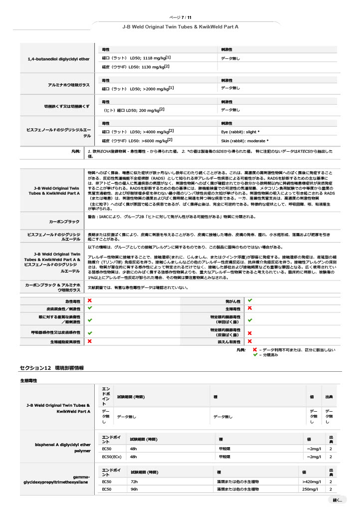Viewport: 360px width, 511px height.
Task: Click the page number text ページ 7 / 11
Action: [180, 17]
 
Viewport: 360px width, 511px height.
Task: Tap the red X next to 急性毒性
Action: [90, 301]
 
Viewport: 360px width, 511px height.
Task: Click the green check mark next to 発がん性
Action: [250, 301]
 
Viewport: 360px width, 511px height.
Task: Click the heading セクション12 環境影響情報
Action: [51, 367]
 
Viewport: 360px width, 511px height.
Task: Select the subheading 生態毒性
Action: [28, 380]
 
